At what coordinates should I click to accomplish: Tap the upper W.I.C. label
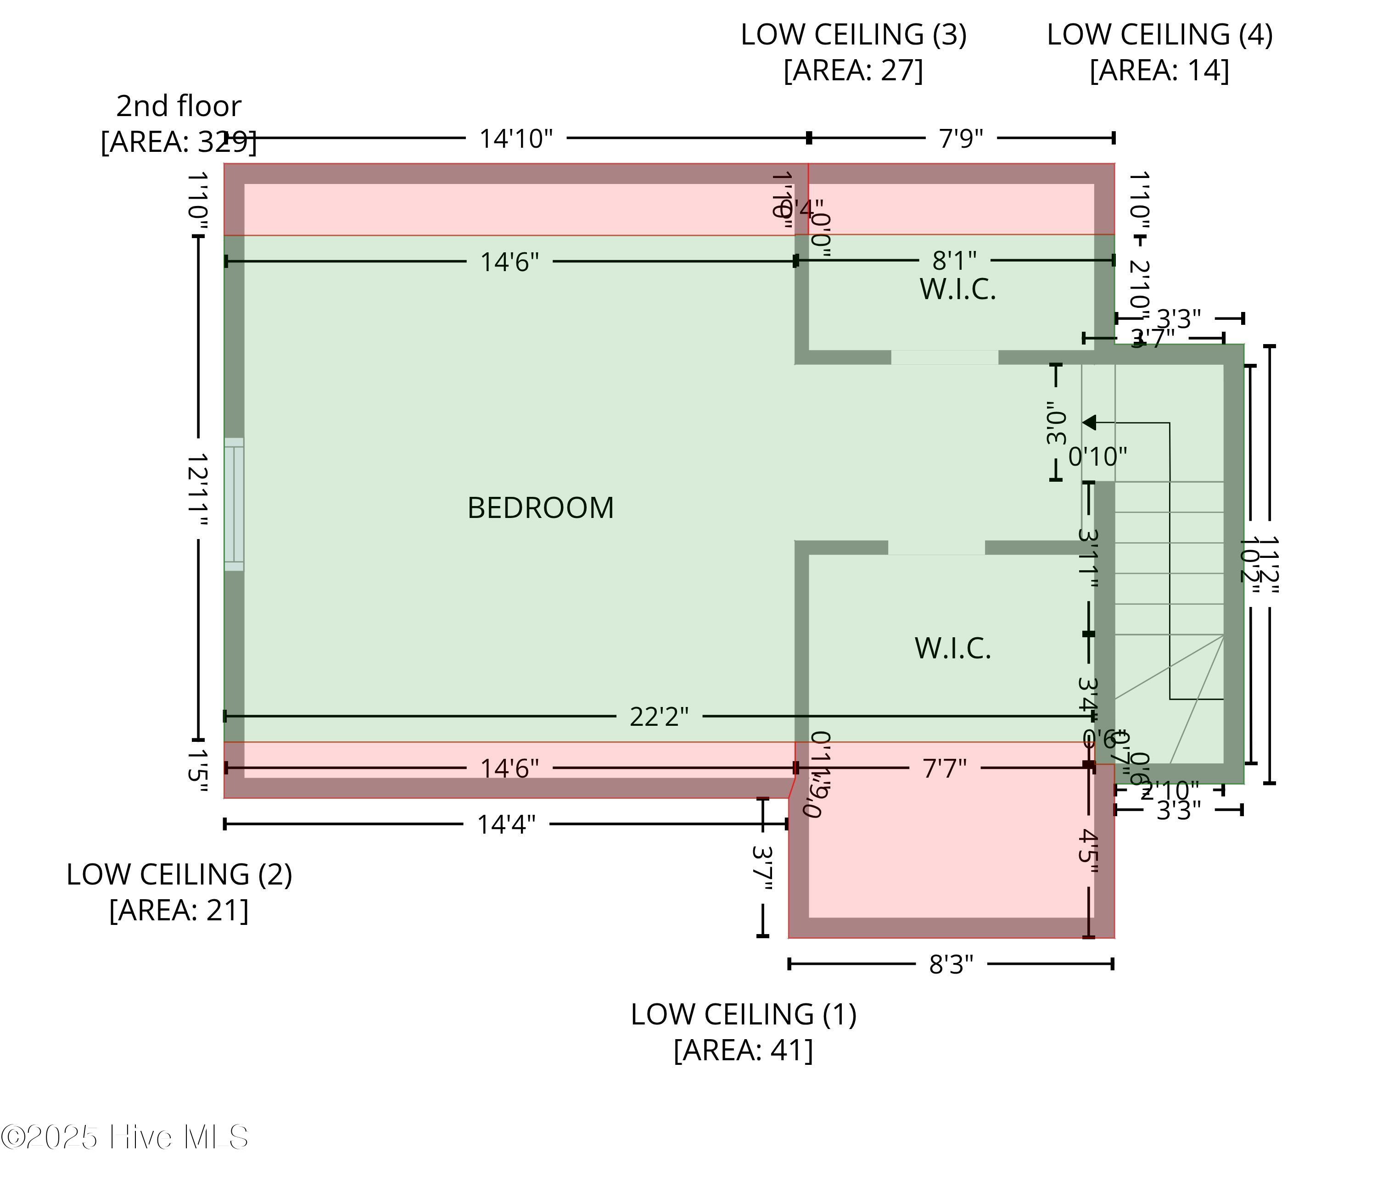coord(957,289)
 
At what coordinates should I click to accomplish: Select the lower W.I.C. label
coord(953,649)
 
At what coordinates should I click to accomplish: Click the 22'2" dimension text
coord(659,717)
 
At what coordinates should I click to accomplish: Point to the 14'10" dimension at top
coord(516,139)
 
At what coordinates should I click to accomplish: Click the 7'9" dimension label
coord(961,139)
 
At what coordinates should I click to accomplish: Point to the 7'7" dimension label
coord(944,769)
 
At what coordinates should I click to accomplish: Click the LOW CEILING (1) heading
coord(744,1015)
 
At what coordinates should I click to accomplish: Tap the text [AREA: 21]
coord(179,910)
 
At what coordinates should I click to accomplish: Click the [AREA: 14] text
coord(1159,71)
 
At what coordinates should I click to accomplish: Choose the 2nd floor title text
coord(179,106)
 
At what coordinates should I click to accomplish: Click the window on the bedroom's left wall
coord(234,504)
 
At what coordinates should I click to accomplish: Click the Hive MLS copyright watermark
coord(125,1137)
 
